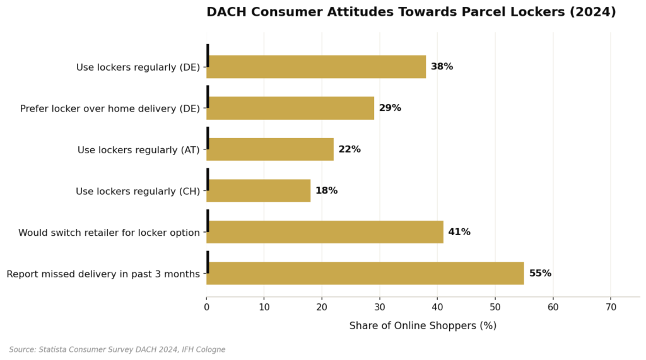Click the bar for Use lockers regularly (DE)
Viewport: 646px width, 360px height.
pos(316,67)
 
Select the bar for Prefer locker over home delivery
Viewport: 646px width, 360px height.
pos(290,108)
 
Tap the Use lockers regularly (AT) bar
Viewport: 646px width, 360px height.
pos(270,149)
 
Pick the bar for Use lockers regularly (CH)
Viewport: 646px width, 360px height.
pos(259,191)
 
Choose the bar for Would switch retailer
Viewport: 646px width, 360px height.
pos(325,232)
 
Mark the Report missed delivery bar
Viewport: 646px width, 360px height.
pos(365,274)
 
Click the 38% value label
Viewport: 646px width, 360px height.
pos(442,67)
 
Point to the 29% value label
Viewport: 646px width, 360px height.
pos(390,108)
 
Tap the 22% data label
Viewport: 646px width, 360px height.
pos(349,149)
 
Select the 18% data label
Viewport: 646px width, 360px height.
pos(326,191)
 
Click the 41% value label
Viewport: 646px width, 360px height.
pos(459,232)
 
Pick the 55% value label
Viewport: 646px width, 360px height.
pos(540,274)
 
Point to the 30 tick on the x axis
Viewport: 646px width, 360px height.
pos(380,308)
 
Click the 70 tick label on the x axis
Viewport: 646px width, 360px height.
pos(611,308)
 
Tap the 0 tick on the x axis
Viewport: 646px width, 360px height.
pos(206,308)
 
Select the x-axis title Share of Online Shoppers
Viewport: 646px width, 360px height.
pos(423,326)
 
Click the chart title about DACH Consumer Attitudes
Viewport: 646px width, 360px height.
pos(411,12)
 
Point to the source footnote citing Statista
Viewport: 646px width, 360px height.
pos(117,350)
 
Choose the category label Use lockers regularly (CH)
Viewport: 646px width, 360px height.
pos(138,191)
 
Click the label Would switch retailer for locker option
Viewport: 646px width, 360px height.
pos(109,233)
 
